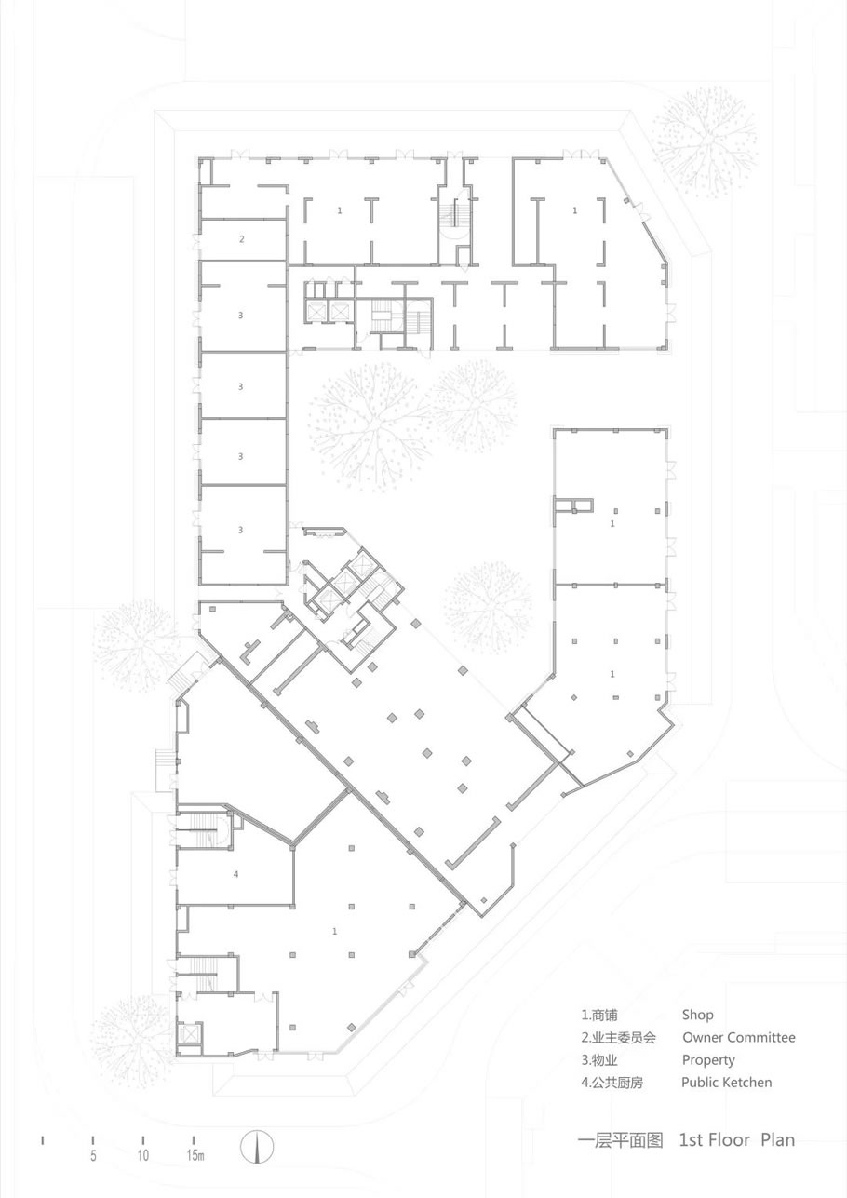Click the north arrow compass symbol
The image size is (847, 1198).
[257, 1143]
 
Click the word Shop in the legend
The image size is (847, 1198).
[698, 1016]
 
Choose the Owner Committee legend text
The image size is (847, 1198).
[739, 1038]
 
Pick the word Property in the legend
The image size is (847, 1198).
[708, 1060]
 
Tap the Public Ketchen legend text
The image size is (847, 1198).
[727, 1083]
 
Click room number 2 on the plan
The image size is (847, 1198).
[242, 239]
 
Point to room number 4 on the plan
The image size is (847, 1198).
[235, 874]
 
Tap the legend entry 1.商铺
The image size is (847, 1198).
[599, 1016]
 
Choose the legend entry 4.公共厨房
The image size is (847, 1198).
[612, 1083]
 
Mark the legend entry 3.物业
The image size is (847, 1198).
[599, 1060]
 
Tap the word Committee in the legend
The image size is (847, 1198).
[761, 1038]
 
